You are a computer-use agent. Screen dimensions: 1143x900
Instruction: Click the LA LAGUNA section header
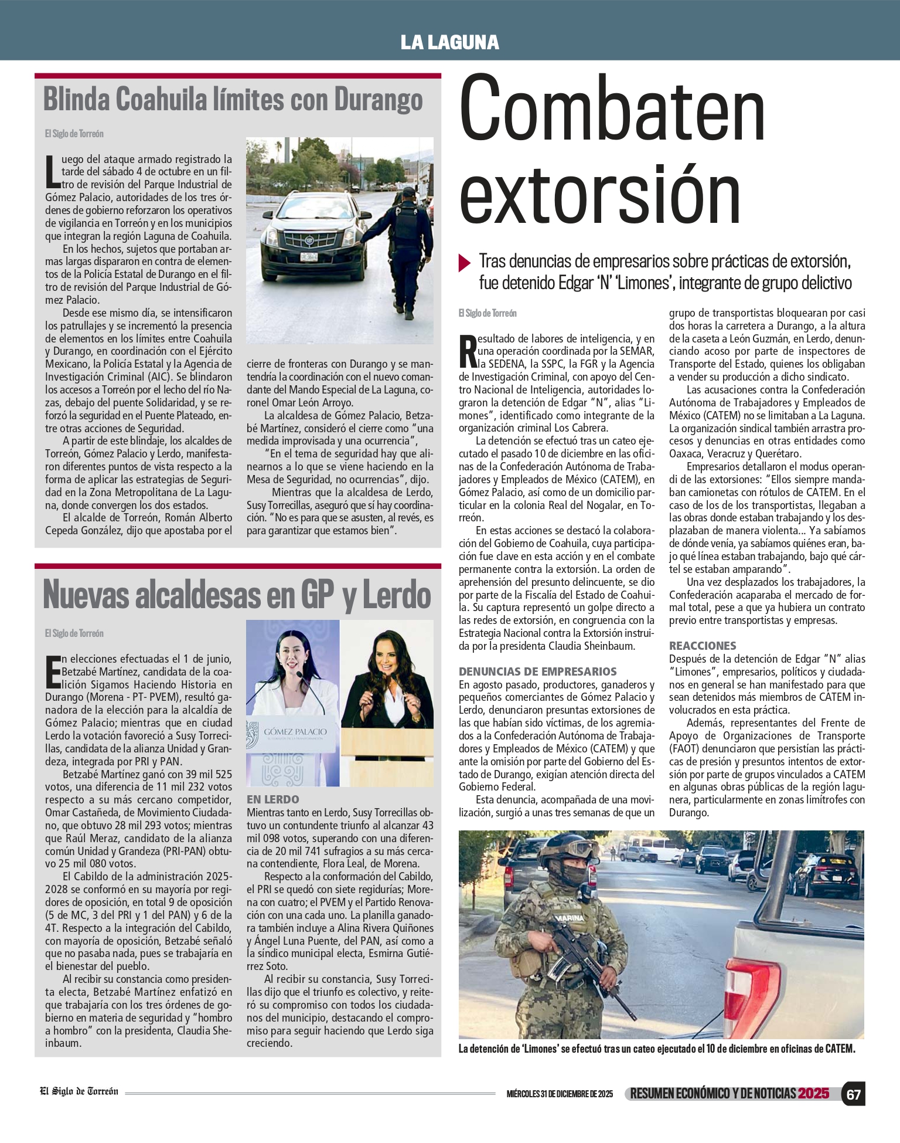[x=449, y=42]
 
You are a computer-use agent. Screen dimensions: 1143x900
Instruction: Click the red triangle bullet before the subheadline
[x=465, y=262]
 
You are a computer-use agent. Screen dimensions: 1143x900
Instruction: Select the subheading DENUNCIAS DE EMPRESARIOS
[x=537, y=671]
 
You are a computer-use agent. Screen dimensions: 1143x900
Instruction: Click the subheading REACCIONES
[x=703, y=646]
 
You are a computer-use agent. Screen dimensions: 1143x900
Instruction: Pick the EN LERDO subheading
[x=272, y=799]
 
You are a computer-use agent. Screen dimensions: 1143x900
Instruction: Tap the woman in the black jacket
[x=387, y=674]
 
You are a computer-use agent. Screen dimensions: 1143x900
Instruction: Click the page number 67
[x=853, y=1094]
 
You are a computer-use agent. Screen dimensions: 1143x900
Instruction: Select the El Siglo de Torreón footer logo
[x=79, y=1091]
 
